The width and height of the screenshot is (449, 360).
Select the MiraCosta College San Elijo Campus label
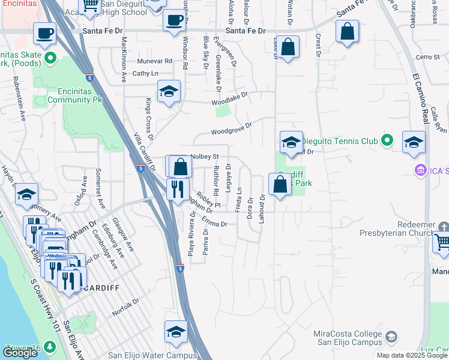click(x=348, y=338)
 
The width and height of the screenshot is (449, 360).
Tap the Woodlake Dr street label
click(x=229, y=99)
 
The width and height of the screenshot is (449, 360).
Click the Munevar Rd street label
click(x=154, y=61)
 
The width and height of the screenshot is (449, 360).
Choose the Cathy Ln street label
click(x=145, y=74)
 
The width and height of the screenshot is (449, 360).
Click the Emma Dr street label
click(x=215, y=224)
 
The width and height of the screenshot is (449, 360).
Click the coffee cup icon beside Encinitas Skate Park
click(x=44, y=34)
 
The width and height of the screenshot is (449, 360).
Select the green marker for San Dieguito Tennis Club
click(x=387, y=141)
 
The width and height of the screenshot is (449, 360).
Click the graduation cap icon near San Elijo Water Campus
click(x=176, y=331)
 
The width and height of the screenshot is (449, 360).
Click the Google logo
click(x=20, y=353)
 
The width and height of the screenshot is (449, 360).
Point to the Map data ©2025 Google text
click(x=412, y=355)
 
